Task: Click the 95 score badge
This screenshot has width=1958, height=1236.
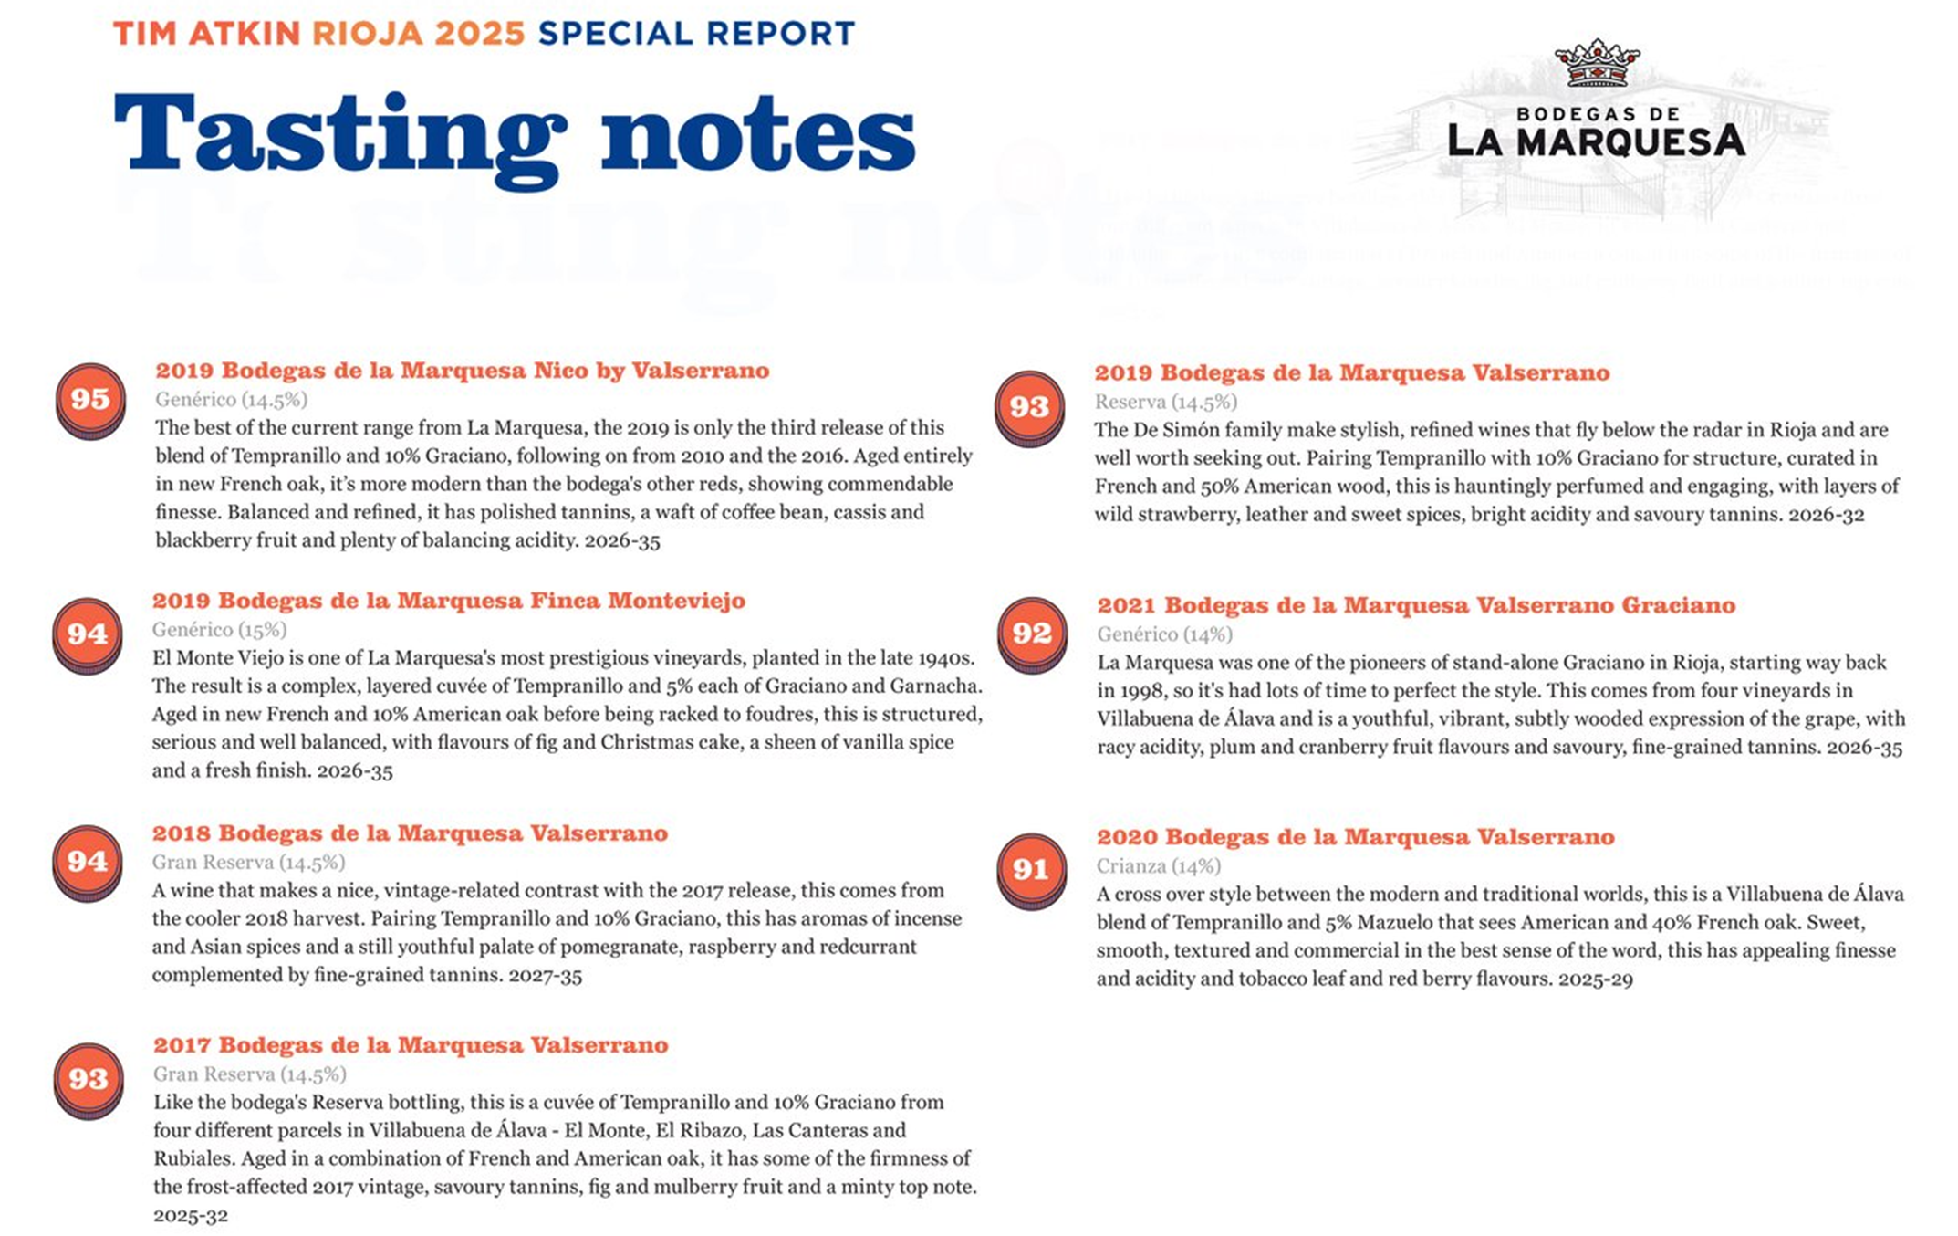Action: [89, 399]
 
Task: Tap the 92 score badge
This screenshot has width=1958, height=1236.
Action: [1031, 633]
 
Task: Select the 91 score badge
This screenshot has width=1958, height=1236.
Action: [1030, 868]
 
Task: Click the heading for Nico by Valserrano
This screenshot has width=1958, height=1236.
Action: [462, 371]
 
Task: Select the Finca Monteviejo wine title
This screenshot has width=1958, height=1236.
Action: [448, 601]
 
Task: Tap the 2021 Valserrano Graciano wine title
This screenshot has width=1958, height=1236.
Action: [1415, 605]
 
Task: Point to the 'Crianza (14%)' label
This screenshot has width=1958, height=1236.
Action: [1158, 865]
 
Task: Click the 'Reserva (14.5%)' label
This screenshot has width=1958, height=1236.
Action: [1165, 402]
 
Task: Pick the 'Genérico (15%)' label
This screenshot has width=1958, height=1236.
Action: [219, 629]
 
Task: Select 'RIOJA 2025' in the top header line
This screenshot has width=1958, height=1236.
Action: [419, 34]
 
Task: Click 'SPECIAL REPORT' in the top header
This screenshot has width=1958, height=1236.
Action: [696, 34]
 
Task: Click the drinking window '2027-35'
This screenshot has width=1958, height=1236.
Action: [545, 975]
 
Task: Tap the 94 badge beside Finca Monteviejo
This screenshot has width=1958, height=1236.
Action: [87, 634]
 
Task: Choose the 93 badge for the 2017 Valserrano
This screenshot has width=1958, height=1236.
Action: [88, 1079]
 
